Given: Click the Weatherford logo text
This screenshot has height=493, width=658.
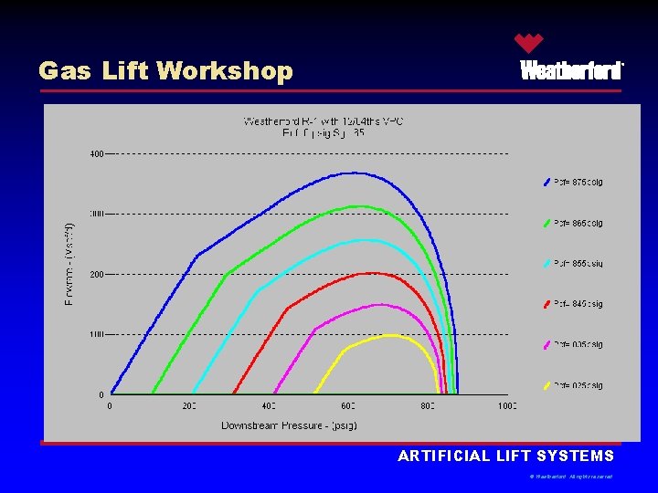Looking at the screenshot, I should pos(571,71).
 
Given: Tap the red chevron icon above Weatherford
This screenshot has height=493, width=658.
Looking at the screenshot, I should pos(528,42).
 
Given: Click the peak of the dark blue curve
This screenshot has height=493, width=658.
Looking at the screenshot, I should pos(351,173).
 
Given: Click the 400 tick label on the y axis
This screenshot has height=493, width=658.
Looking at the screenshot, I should pos(96,153).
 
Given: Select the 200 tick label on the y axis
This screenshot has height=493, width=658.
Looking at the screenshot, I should pos(96,274).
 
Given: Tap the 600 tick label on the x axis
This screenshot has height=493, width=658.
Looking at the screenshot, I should pos(348,405).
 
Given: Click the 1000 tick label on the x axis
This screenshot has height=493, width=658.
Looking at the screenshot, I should pos(506,405).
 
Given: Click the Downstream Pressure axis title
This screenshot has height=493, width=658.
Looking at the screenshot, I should pos(289,425).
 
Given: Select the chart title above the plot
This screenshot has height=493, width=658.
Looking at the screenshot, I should pos(324,127).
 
